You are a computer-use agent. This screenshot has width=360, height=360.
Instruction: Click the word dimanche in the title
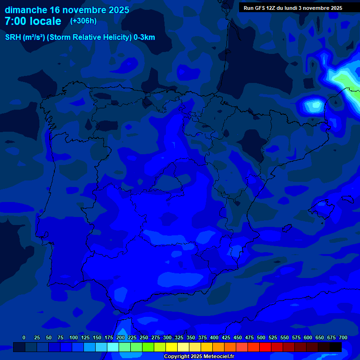pos(25,10)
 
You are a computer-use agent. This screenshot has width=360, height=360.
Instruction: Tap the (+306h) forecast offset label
pos(83,21)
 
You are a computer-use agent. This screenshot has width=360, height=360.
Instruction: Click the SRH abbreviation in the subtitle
pos(13,37)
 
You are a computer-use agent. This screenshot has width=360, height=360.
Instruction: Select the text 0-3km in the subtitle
pos(144,37)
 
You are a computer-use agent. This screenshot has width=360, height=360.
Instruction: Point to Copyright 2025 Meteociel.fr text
pos(199,356)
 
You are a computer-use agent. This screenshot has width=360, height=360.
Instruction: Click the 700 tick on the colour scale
pos(343,337)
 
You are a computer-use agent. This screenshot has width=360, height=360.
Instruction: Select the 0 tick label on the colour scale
pos(24,337)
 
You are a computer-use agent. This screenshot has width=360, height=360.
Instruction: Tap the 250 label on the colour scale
pos(144,337)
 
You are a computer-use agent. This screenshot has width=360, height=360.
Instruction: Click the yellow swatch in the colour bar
pos(172,347)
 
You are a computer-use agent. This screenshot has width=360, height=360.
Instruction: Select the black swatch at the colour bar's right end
pos(335,347)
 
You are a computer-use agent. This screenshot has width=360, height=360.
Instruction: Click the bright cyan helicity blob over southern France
pos(313,105)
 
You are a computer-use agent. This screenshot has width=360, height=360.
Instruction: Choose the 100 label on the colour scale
pos(74,337)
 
